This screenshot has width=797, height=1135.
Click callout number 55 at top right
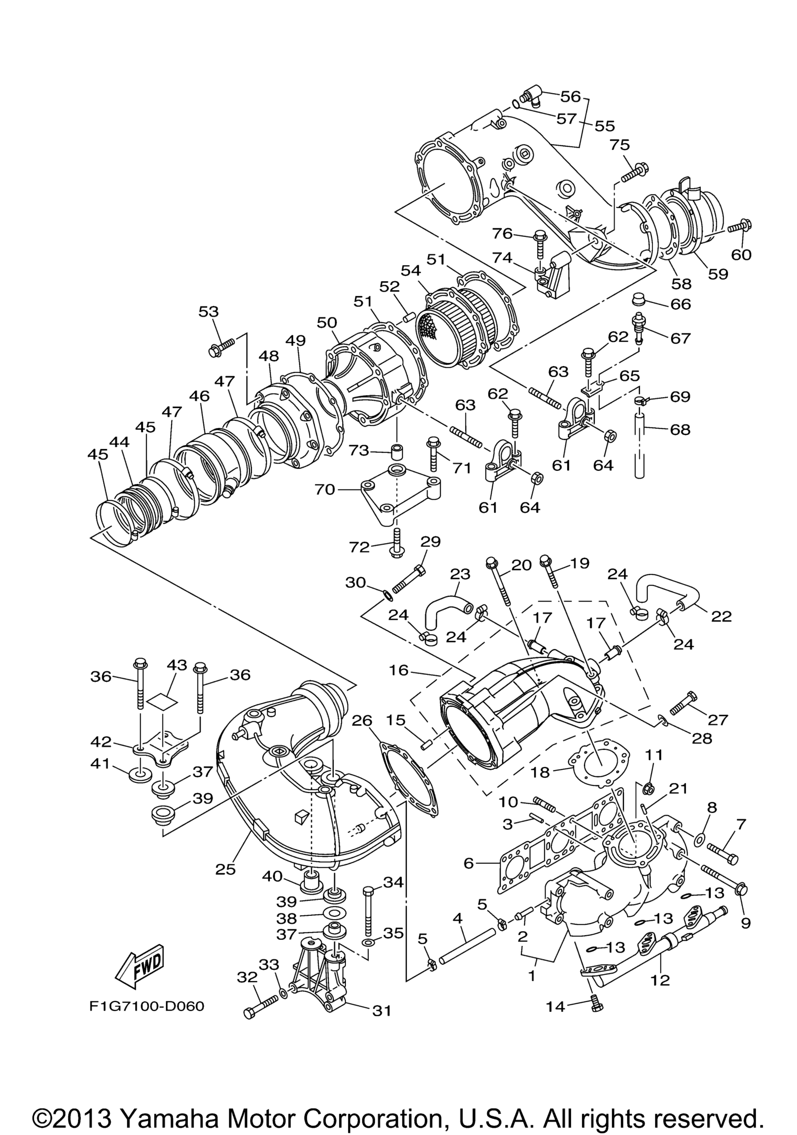click(x=604, y=126)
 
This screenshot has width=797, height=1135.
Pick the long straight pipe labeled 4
click(x=467, y=946)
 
